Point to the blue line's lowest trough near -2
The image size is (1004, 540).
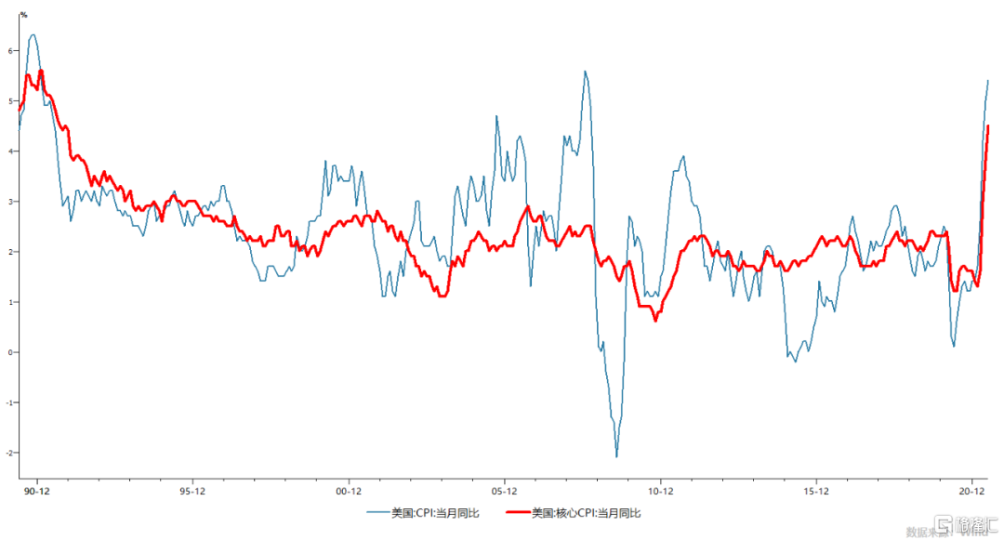point(616,456)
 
